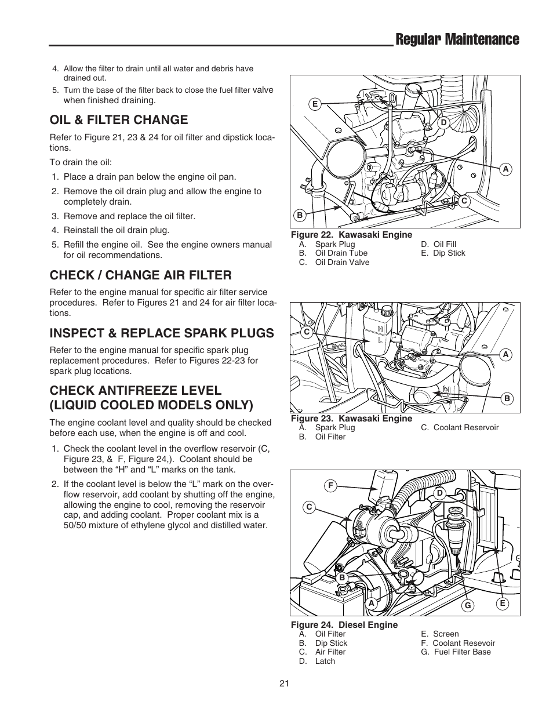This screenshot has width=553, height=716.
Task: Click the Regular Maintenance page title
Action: [456, 39]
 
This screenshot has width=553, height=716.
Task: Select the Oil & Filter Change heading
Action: [119, 120]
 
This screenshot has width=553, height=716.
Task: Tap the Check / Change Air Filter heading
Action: [140, 275]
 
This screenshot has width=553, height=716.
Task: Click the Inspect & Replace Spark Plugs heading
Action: [162, 333]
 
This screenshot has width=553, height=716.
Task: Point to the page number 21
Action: [284, 684]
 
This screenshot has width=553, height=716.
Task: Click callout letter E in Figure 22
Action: [315, 104]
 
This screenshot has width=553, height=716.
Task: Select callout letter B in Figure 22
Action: [300, 215]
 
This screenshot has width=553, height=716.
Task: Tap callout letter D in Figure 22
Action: [443, 122]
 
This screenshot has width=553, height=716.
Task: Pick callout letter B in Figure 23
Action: [506, 398]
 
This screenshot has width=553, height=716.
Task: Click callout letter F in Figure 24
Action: [331, 486]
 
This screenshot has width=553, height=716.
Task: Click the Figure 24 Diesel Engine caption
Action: [344, 625]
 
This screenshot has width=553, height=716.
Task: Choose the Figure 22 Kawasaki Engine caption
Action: [351, 235]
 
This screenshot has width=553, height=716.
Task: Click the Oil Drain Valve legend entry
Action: [342, 262]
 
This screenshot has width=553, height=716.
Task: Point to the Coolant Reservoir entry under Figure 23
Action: [466, 427]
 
